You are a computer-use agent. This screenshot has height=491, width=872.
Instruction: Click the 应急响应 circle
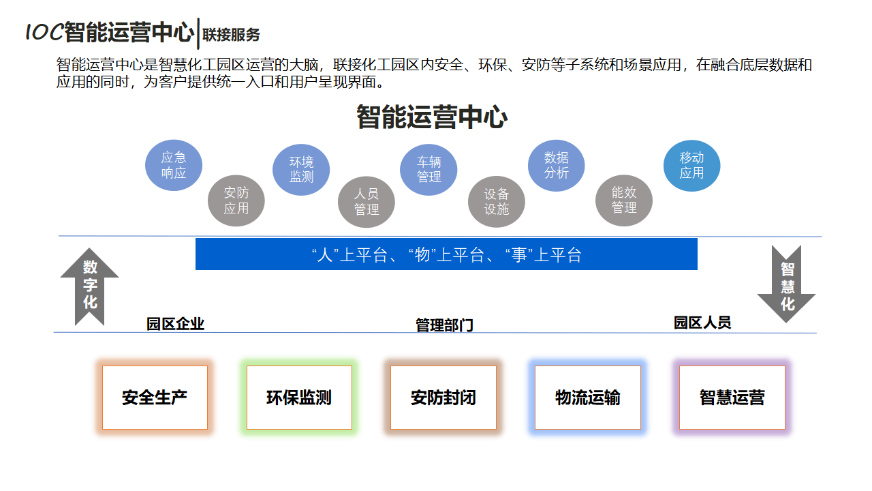[174, 165]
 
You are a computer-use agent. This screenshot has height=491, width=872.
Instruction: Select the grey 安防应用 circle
[236, 200]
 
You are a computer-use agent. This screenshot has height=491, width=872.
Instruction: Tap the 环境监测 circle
[301, 170]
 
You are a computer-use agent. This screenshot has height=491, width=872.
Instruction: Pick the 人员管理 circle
[367, 202]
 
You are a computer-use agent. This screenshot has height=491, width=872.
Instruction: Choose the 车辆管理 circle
[429, 170]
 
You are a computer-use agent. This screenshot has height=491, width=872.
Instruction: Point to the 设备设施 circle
[497, 202]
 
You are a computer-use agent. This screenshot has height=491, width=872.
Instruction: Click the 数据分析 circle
[557, 165]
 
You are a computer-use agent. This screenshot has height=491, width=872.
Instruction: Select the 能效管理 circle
[624, 200]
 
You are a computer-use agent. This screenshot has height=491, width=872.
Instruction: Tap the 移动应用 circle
[691, 165]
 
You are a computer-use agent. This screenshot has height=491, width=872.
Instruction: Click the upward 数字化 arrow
[90, 286]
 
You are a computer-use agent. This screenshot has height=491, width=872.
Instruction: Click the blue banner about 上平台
[446, 254]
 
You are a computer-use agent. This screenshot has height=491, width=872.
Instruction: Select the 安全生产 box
[155, 398]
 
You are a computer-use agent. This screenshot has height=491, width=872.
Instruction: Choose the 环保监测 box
[299, 398]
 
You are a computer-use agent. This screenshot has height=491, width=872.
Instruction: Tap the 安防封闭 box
[443, 398]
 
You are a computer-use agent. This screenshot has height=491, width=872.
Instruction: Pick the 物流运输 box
[588, 398]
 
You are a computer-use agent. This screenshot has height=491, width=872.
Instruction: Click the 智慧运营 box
[732, 398]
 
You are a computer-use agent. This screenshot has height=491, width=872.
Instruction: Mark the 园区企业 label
[176, 324]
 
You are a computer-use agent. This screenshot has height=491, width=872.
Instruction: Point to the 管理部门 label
[444, 325]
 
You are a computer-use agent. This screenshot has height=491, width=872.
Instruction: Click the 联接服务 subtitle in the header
[232, 34]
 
